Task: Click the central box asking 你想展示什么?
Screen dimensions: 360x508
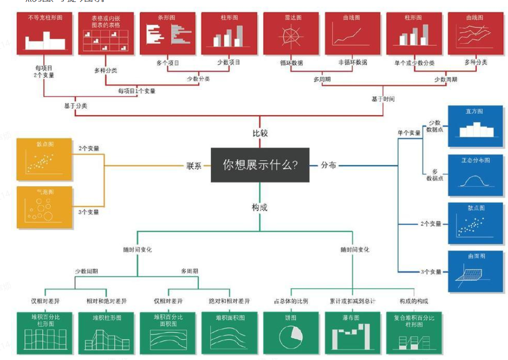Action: [x=260, y=165]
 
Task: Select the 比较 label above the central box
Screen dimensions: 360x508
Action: [x=260, y=133]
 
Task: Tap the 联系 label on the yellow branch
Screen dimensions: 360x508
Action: [x=194, y=166]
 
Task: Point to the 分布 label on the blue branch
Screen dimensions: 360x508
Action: [x=328, y=165]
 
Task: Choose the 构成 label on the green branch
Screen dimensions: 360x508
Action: [x=259, y=207]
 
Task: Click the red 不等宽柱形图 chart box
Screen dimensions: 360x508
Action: [x=46, y=33]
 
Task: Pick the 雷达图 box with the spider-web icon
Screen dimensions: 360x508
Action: [x=293, y=33]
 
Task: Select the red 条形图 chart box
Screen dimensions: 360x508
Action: [x=168, y=33]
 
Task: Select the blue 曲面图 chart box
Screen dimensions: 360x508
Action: [x=474, y=271]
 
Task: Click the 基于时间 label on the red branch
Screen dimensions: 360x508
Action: [x=383, y=99]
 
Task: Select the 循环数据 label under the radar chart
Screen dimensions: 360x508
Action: [x=291, y=62]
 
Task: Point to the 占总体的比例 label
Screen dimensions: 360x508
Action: [x=291, y=301]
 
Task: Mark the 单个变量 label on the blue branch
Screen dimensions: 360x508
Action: [x=409, y=132]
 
